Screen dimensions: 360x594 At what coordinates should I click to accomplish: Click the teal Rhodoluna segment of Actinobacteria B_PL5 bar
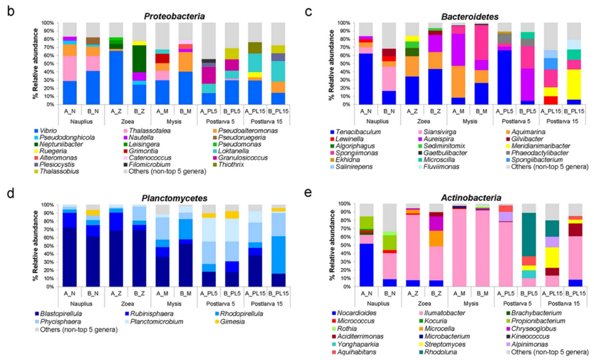(528, 234)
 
